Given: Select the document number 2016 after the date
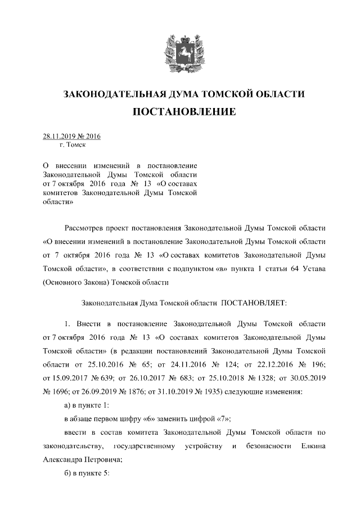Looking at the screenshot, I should tap(92, 136).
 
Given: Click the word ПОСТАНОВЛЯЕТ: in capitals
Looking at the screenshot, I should tap(255, 303).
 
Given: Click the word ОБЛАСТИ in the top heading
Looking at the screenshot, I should tap(278, 93).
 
